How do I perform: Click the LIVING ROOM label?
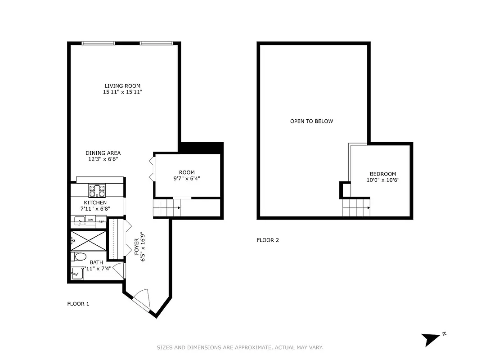(122, 86)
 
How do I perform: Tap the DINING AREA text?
(103, 153)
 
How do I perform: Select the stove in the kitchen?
(97, 190)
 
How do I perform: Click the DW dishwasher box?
(90, 220)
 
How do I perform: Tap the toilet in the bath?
(79, 256)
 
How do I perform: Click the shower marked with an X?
(89, 240)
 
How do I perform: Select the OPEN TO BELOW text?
(311, 121)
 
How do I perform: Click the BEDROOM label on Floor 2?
(382, 174)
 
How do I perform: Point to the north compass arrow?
(431, 338)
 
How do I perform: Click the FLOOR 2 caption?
(268, 240)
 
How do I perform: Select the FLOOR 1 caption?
(78, 304)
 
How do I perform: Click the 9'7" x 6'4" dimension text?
(186, 178)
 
